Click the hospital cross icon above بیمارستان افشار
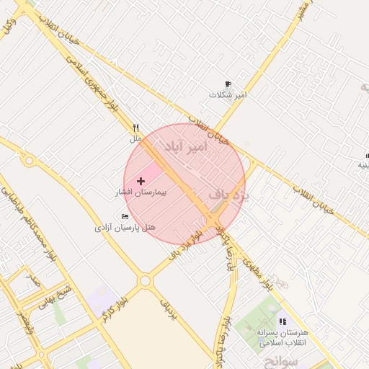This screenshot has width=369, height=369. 140,180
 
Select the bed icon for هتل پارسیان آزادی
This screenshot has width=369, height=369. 125,216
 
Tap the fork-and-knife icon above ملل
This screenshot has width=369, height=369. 135,128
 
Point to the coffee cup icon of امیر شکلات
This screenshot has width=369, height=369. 228,84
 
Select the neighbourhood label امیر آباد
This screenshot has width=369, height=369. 186,147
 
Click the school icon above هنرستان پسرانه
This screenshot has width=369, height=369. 282,321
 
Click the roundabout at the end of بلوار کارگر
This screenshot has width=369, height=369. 145,280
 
